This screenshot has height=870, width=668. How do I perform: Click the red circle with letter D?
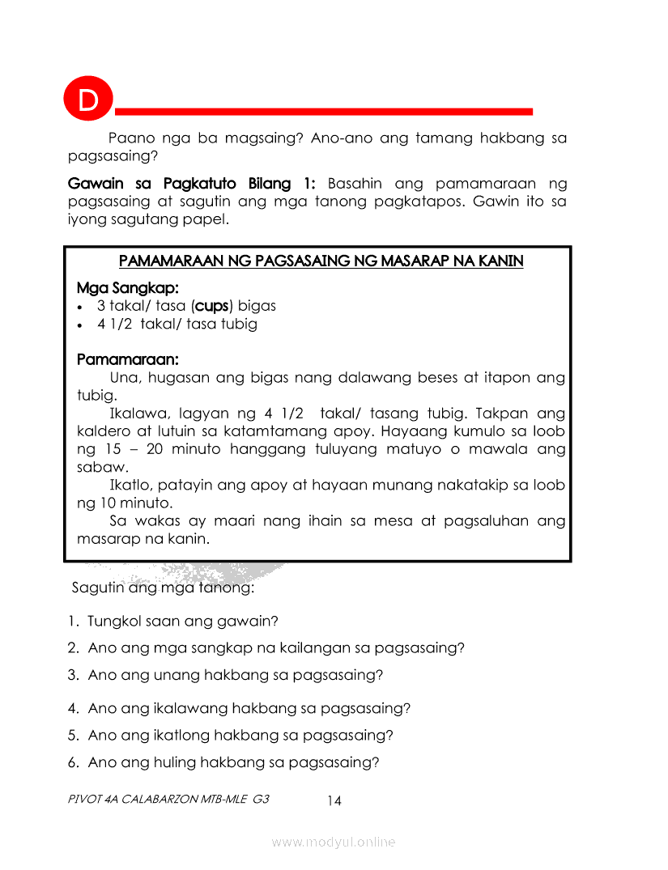(87, 100)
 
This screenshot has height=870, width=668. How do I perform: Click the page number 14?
(334, 801)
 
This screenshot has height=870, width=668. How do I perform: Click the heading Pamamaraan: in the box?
(127, 359)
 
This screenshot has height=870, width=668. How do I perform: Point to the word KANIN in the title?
(500, 261)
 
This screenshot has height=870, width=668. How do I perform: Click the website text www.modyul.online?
(334, 842)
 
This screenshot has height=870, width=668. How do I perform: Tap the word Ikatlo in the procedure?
(131, 485)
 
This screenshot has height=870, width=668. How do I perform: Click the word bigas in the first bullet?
(257, 306)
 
